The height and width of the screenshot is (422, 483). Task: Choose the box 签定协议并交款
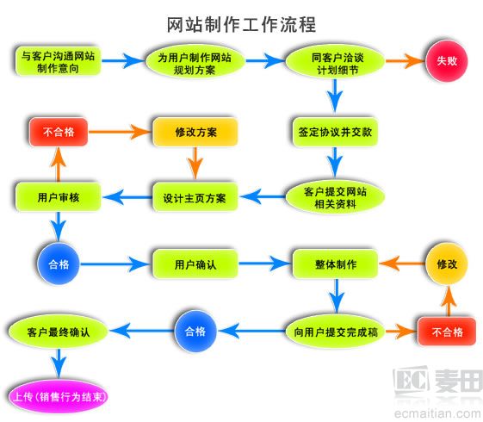point(336,133)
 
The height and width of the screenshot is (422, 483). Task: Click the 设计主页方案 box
point(195,197)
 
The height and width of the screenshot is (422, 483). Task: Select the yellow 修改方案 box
point(195,133)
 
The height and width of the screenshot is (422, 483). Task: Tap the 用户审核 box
point(59,197)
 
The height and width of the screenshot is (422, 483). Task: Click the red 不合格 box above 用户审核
point(59,133)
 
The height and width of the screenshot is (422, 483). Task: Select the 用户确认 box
point(195,263)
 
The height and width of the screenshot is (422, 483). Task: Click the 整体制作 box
point(336,263)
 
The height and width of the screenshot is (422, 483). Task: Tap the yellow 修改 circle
point(446,263)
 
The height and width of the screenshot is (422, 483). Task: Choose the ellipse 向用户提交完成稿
point(335,331)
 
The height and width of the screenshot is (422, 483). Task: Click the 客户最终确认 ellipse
point(59,331)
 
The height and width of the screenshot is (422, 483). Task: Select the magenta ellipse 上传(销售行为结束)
point(59,399)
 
